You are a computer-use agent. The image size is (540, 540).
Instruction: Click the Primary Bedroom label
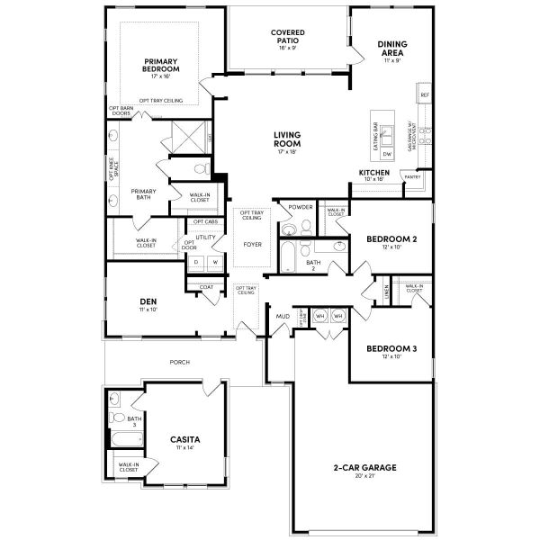[161, 64]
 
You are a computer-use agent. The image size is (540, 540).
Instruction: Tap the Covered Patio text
[288, 37]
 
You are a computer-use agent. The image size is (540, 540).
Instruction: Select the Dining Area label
[391, 48]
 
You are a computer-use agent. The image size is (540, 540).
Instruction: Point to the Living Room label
[288, 139]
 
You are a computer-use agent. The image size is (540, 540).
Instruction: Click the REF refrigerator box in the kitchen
[425, 94]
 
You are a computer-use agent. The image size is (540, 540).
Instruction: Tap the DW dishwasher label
[387, 154]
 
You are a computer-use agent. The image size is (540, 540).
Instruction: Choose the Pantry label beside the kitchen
[413, 177]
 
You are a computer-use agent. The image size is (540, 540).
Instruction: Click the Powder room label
[301, 207]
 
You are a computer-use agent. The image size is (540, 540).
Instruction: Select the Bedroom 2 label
[390, 238]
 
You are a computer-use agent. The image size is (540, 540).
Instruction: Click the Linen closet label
[386, 292]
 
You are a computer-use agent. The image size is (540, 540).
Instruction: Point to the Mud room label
[283, 316]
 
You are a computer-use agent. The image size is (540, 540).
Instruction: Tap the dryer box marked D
[195, 262]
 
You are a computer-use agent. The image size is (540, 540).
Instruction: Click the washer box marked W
[214, 262]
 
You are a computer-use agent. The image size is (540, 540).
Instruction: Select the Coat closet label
[206, 287]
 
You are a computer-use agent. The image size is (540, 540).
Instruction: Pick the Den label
[148, 301]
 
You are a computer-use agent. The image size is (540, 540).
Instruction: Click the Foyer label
[252, 244]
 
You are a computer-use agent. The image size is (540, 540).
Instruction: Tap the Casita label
[184, 440]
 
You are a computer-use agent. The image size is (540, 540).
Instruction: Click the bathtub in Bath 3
[122, 440]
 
